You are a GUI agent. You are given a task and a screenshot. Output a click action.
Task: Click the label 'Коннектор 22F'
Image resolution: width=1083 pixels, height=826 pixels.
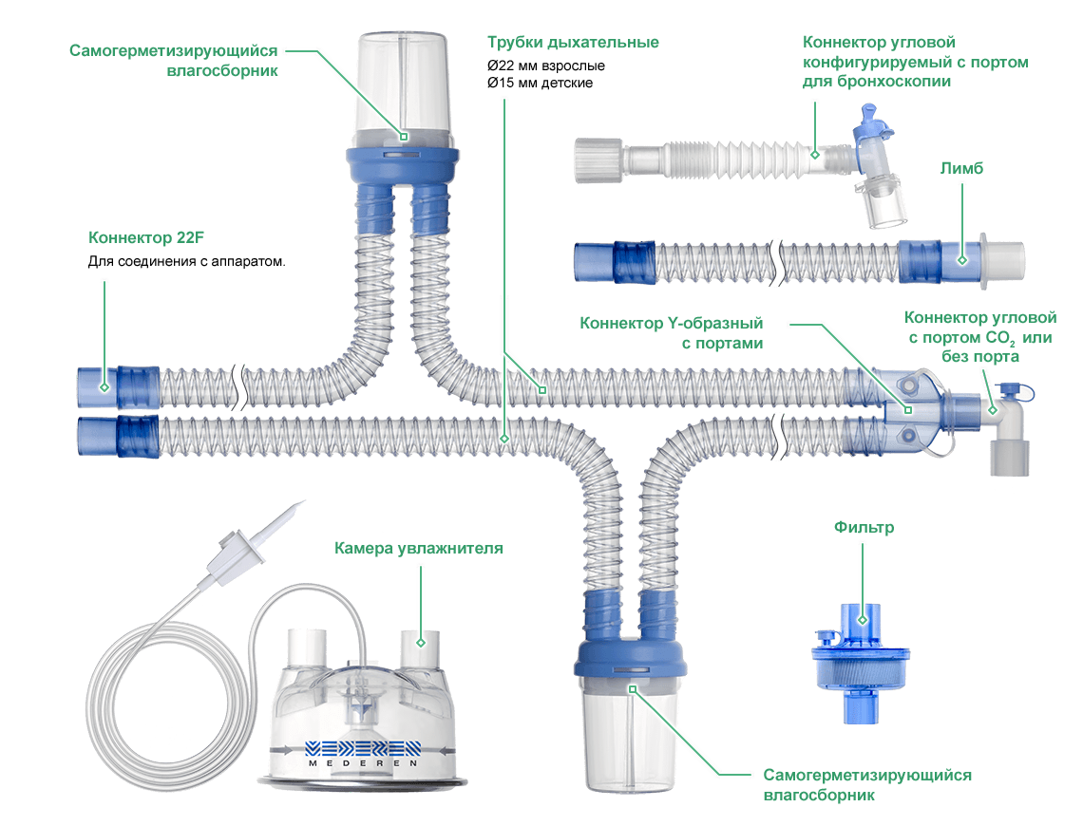coord(147,237)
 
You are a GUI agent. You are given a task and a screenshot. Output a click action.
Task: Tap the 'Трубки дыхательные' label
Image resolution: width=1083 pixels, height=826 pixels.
coord(573,43)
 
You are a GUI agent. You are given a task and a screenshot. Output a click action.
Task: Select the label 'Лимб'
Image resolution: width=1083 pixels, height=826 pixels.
coord(962,168)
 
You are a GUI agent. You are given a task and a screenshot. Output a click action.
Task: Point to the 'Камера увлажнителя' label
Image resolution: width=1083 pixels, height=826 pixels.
coord(418,549)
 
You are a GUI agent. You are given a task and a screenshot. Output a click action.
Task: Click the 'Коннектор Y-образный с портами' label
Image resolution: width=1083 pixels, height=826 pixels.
coord(672,332)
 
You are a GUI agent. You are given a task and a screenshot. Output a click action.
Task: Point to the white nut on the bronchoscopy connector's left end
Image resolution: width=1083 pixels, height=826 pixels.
coord(596,160)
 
